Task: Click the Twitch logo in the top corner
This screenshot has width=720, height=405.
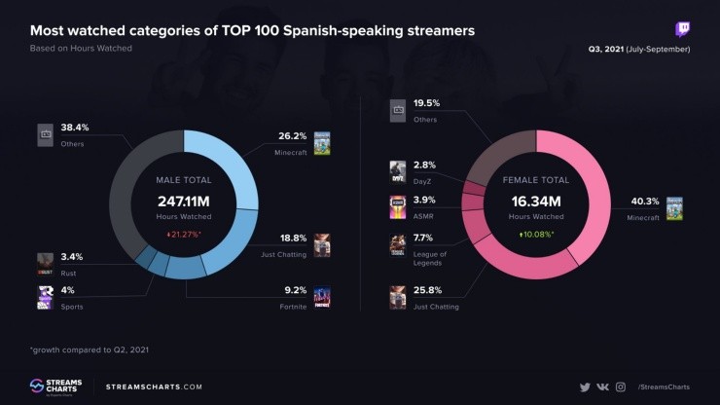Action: click(682, 30)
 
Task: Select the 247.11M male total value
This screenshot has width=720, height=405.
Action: click(184, 201)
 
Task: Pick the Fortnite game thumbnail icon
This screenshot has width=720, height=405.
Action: click(322, 297)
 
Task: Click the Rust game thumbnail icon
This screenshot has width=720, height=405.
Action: click(45, 261)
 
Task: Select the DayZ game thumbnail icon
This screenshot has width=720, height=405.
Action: click(397, 171)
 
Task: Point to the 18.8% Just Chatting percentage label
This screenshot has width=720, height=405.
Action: click(293, 238)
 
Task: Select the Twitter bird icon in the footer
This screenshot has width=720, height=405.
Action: click(585, 387)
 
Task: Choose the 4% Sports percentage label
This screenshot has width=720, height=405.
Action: click(68, 290)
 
